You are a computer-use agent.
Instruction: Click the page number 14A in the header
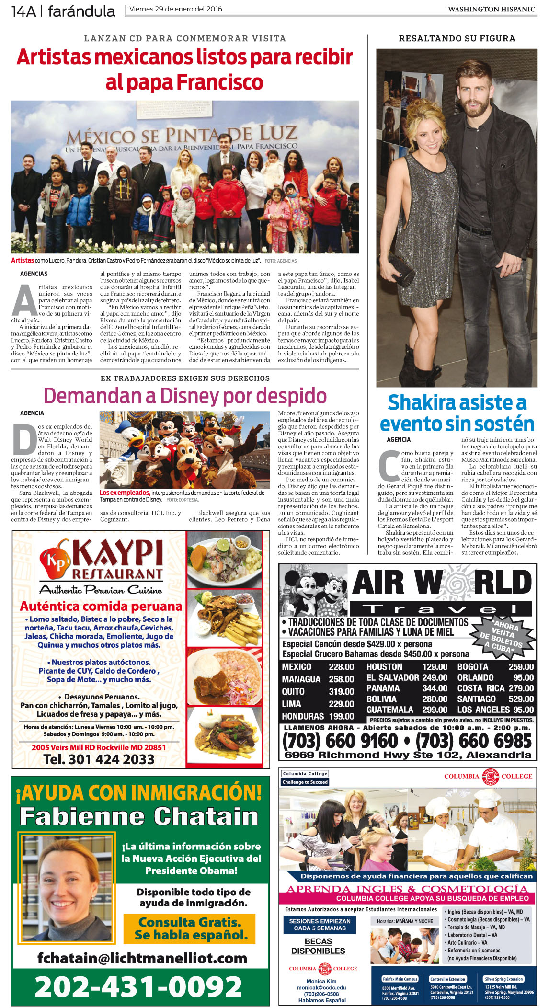click(24, 11)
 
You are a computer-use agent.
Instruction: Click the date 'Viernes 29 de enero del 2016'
click(176, 9)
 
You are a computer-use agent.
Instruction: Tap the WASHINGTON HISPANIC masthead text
click(491, 9)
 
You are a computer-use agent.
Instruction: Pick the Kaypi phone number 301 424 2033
click(99, 759)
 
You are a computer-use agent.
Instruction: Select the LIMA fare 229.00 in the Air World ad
click(342, 704)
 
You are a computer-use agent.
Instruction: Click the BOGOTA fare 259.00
click(521, 666)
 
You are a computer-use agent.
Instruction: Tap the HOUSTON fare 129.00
click(435, 666)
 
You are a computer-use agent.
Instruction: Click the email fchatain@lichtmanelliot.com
click(142, 958)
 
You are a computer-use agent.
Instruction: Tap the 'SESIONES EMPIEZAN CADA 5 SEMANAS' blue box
click(320, 924)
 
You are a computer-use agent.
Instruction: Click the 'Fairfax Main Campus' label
click(400, 979)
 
